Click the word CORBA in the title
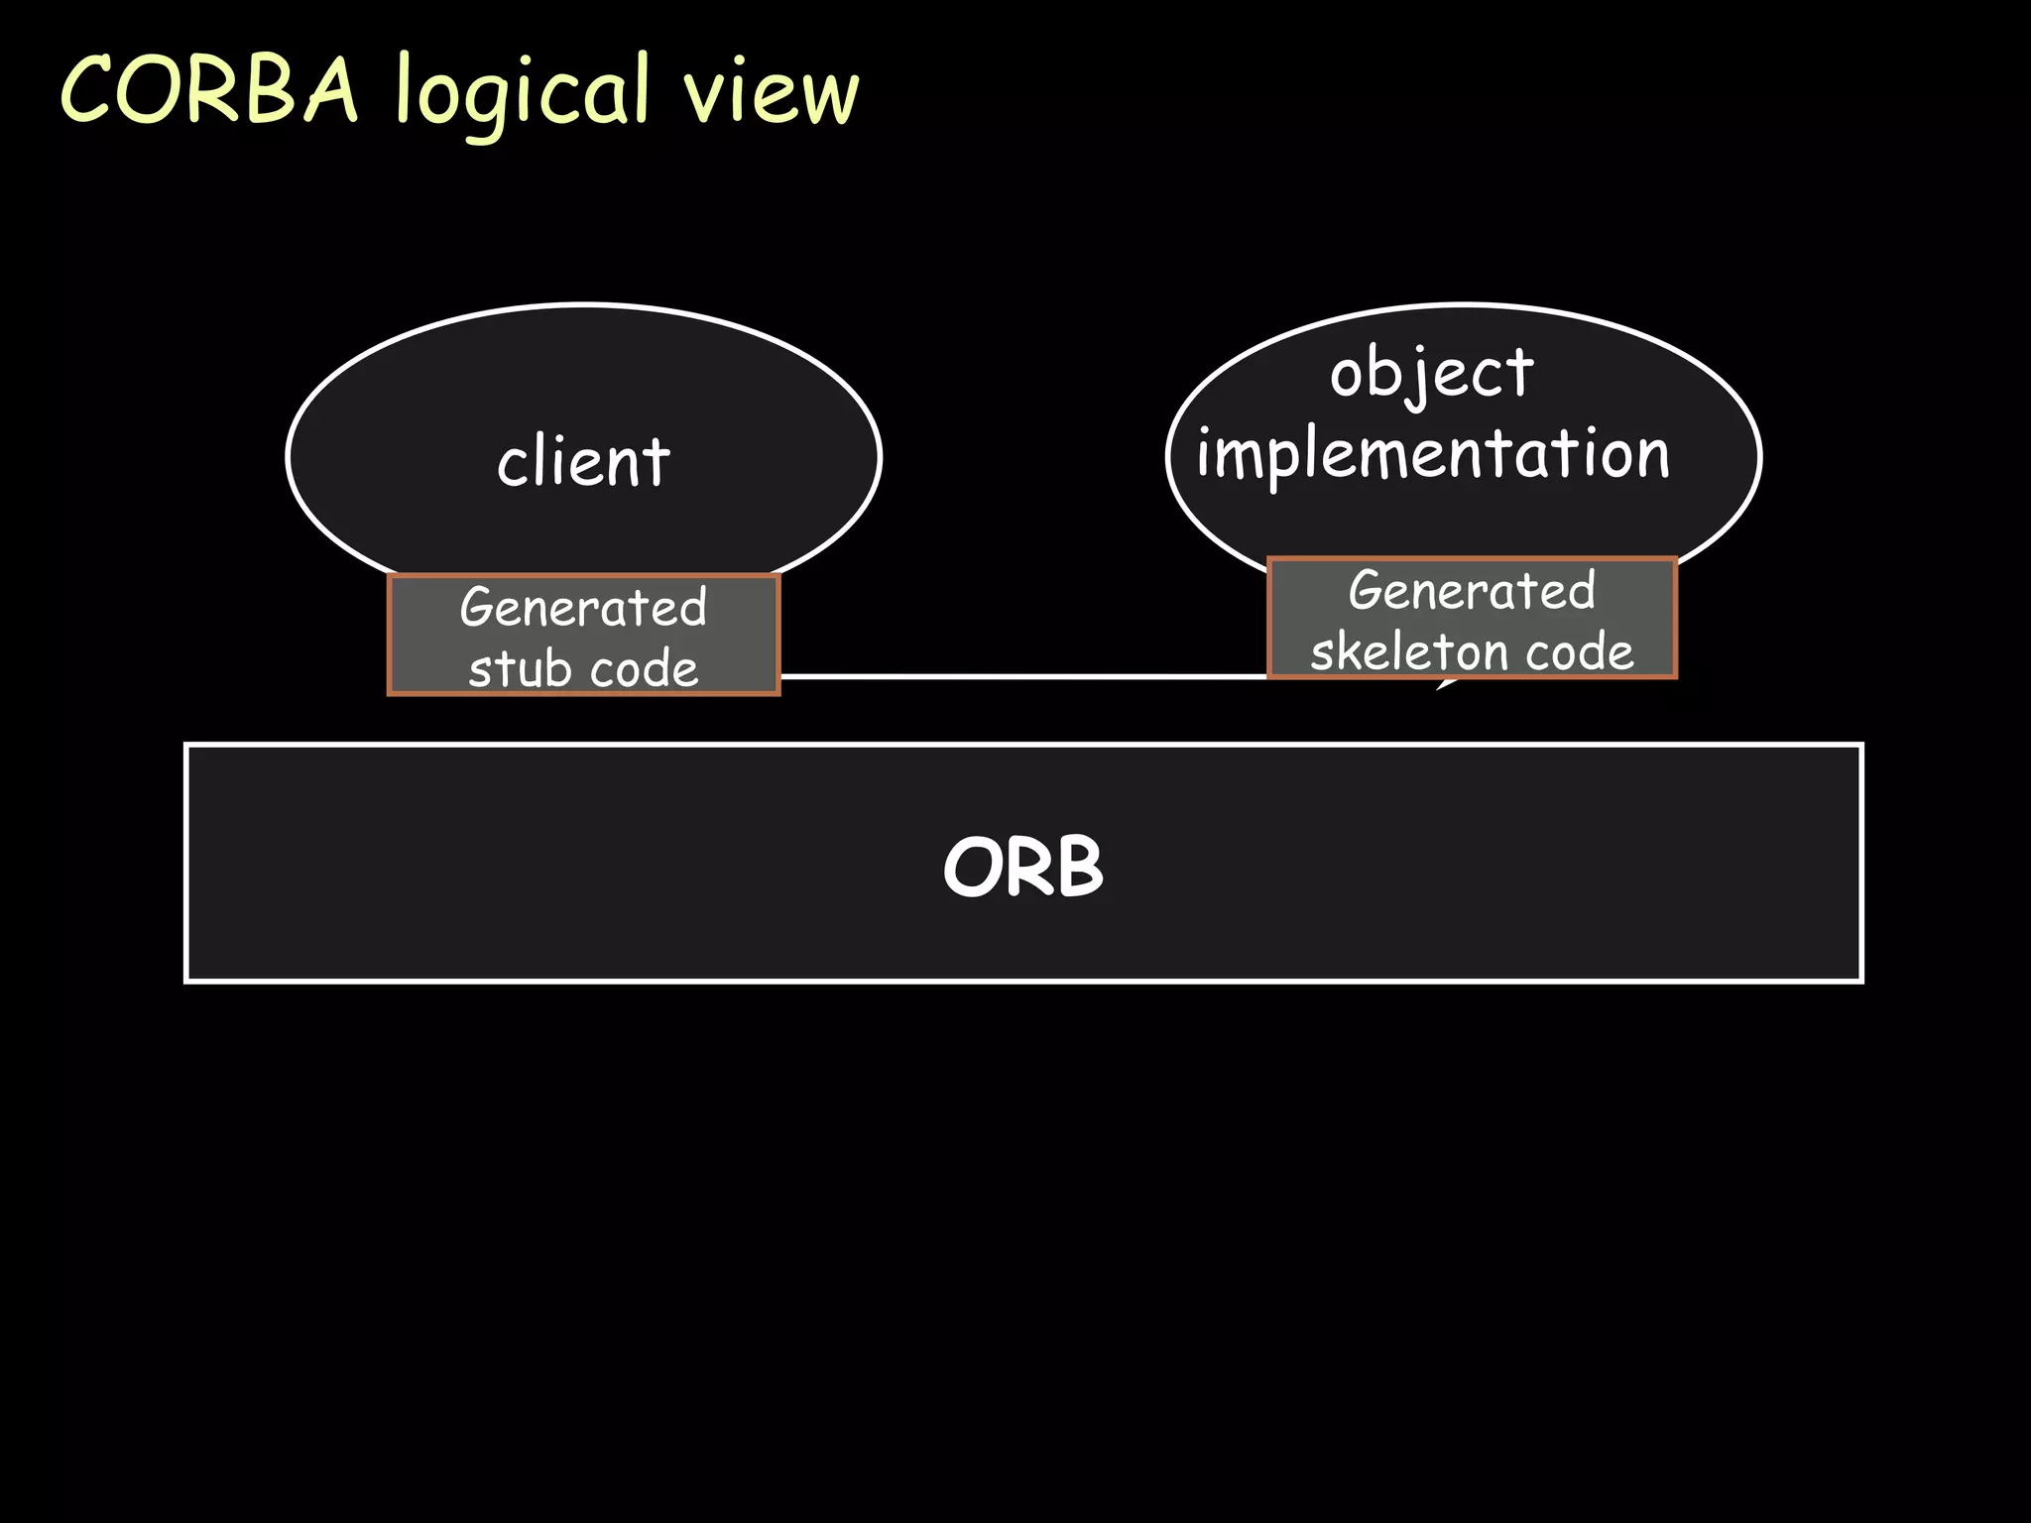point(208,91)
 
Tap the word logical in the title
point(522,94)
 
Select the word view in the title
point(771,94)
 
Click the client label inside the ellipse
point(583,462)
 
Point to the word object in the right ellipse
point(1431,375)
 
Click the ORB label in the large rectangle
point(1022,867)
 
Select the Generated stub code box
point(583,635)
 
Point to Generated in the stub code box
point(583,607)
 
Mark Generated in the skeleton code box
point(1472,591)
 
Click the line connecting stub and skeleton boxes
point(1021,676)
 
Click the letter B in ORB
point(1079,867)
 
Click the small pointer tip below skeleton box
point(1444,685)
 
